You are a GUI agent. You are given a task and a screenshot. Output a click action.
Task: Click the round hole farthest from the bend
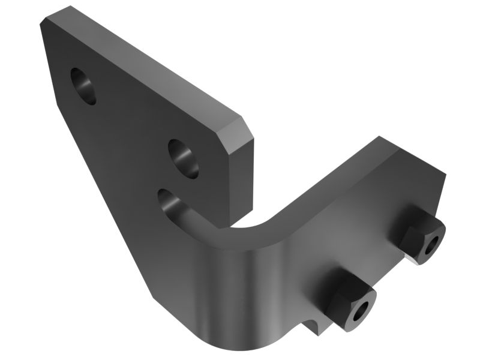pos(83,86)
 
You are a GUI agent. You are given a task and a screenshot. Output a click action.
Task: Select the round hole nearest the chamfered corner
pos(183,158)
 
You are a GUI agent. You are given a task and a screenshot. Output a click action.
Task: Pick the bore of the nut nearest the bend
pos(362,310)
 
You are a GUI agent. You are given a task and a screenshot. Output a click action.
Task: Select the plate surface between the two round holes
pos(132,120)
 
